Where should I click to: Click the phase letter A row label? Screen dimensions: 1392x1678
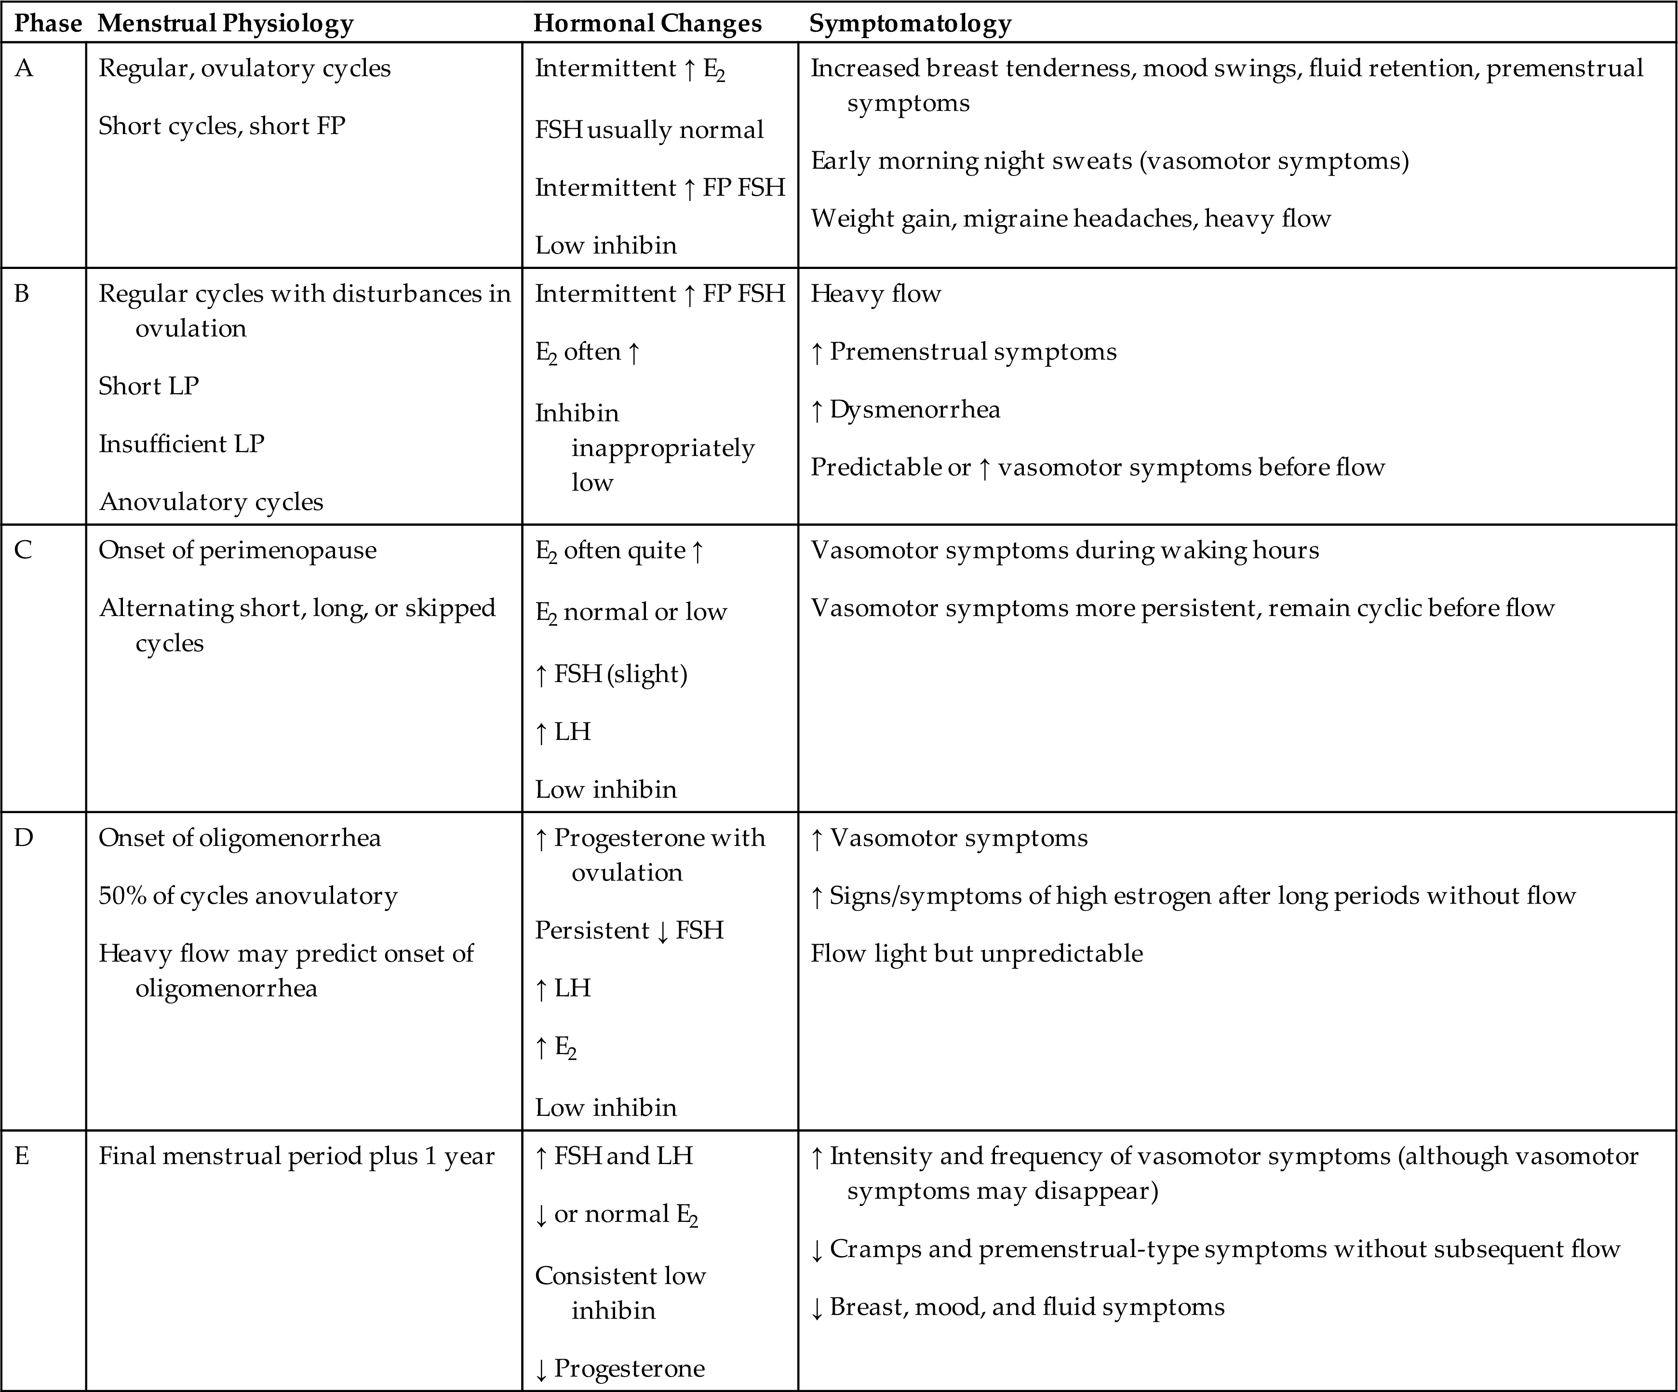[24, 69]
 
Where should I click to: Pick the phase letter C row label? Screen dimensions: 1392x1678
[23, 550]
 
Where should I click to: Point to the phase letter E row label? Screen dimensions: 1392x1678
[22, 1156]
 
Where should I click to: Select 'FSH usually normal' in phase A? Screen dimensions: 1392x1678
[649, 130]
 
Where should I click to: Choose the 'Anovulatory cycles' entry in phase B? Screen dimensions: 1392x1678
[211, 502]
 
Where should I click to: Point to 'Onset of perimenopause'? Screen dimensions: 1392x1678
[237, 550]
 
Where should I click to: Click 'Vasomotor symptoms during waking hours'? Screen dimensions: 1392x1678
[1064, 550]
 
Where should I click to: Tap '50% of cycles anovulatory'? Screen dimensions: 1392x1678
[248, 896]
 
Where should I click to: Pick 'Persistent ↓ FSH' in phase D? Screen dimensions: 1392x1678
[629, 931]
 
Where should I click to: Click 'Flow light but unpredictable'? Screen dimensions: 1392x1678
[977, 953]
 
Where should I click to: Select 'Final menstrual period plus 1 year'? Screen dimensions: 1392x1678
[296, 1156]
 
